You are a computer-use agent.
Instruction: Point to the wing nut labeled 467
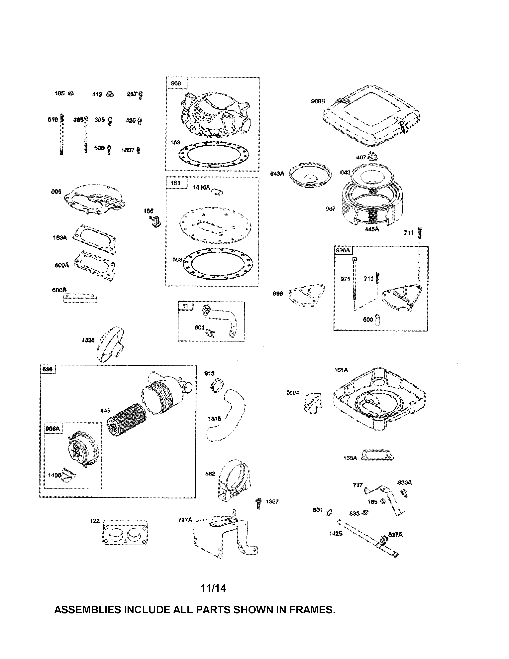click(373, 157)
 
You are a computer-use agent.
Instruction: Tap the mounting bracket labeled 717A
click(225, 539)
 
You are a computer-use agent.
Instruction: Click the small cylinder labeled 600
click(377, 320)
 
